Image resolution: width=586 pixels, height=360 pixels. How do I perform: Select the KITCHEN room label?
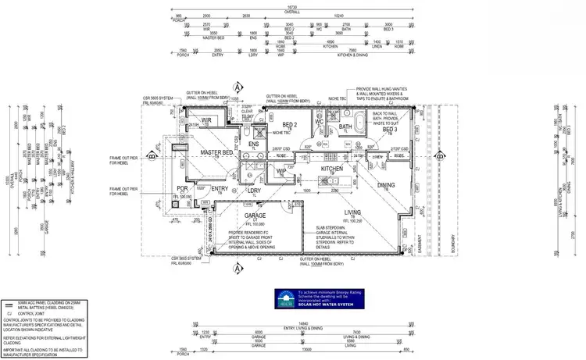333,169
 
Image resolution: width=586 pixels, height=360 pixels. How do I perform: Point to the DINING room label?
387,185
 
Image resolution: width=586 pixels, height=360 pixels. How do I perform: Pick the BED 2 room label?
290,125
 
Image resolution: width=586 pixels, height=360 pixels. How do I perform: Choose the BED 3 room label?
391,130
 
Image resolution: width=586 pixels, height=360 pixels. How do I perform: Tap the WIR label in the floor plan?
207,119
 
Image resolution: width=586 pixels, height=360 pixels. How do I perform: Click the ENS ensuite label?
253,144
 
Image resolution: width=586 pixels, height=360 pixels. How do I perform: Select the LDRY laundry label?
253,190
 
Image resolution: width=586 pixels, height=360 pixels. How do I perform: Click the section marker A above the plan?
236,87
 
